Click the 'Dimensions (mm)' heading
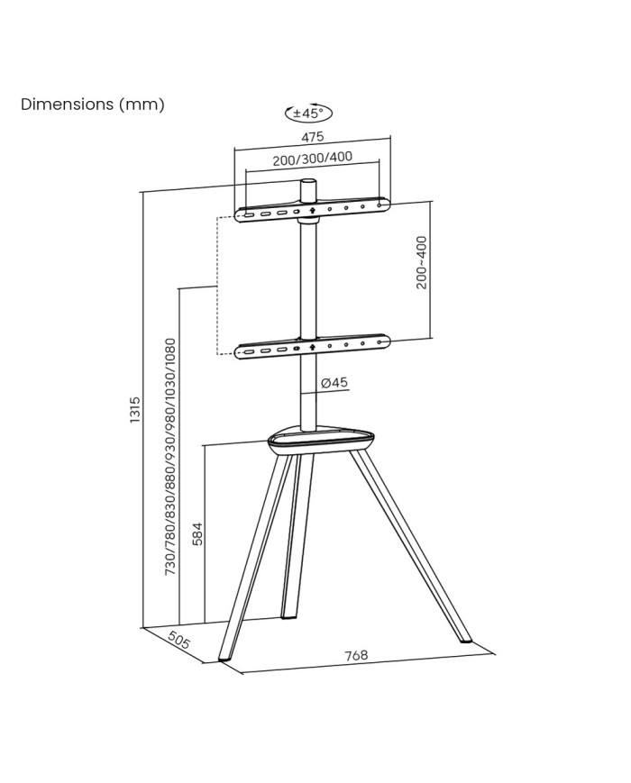(x=93, y=105)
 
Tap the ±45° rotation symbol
(x=308, y=114)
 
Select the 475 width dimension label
(x=312, y=136)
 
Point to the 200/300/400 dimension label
(x=312, y=159)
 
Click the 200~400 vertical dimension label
(x=422, y=262)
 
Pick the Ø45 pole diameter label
(x=334, y=383)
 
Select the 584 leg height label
(x=197, y=533)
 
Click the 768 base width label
(x=356, y=655)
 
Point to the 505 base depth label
(x=178, y=640)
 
